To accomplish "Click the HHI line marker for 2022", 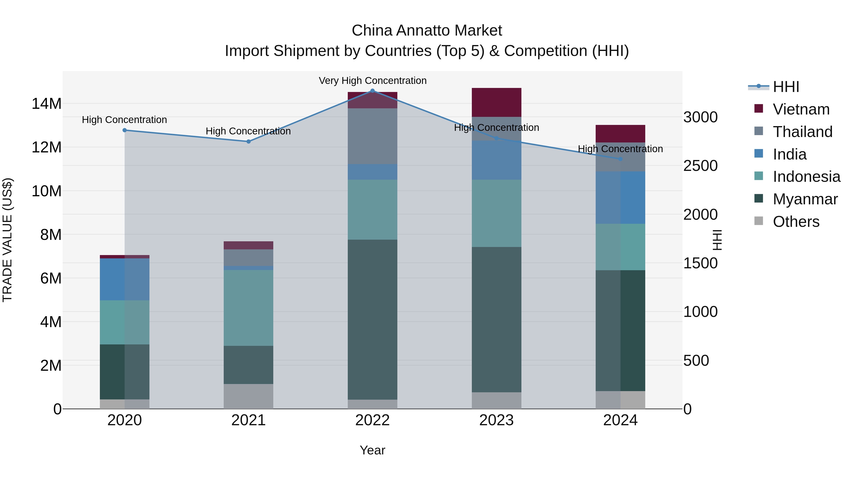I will point(372,91).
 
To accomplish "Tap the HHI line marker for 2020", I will point(125,130).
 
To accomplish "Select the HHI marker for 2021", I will point(249,142).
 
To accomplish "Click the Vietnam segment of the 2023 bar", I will point(496,102).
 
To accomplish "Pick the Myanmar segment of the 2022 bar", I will point(372,320).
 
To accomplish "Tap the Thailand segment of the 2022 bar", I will point(372,136).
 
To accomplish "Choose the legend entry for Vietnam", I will point(801,109).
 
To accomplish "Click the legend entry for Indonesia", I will point(806,177).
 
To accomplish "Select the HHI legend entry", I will point(786,87).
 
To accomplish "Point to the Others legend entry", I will point(796,222).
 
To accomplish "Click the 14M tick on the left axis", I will point(46,104).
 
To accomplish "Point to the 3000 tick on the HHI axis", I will point(700,117).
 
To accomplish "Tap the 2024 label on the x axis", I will point(620,420).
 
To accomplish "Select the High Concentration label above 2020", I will point(124,120).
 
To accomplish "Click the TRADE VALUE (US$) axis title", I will point(7,240).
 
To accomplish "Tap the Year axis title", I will point(372,450).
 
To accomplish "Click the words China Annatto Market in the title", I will point(427,31).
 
